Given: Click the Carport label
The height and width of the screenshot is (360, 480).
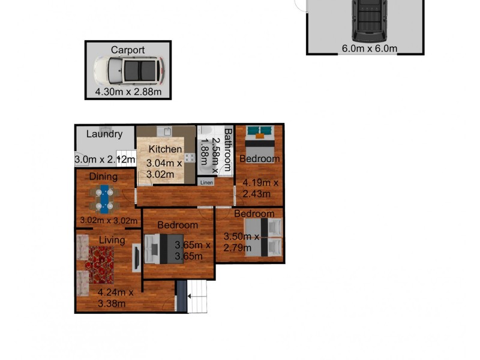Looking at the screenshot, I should (128, 50).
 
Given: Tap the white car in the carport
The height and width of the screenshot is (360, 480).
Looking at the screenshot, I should (128, 71).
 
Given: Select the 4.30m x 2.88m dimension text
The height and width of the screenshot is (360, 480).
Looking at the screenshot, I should (128, 92).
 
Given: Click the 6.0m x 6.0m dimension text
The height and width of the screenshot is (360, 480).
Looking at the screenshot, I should (370, 49).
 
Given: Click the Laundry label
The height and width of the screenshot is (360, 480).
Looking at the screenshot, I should (104, 134).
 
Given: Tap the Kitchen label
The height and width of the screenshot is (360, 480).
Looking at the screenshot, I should (166, 149).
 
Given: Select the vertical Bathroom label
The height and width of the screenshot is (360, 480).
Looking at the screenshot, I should (228, 150).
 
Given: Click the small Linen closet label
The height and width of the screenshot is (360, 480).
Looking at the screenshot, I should (206, 182).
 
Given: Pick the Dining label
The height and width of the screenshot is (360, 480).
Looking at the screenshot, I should (103, 176).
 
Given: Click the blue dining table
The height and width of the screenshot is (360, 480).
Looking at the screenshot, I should (106, 199).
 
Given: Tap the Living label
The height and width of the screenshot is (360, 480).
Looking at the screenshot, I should (112, 240).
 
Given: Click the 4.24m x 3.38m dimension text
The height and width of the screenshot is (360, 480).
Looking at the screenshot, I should (113, 298).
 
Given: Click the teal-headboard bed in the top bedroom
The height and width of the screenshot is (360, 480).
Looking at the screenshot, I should (260, 139).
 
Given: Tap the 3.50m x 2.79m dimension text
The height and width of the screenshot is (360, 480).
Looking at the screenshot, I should (241, 241).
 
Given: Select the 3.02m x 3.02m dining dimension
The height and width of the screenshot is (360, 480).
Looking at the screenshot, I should (109, 220).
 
